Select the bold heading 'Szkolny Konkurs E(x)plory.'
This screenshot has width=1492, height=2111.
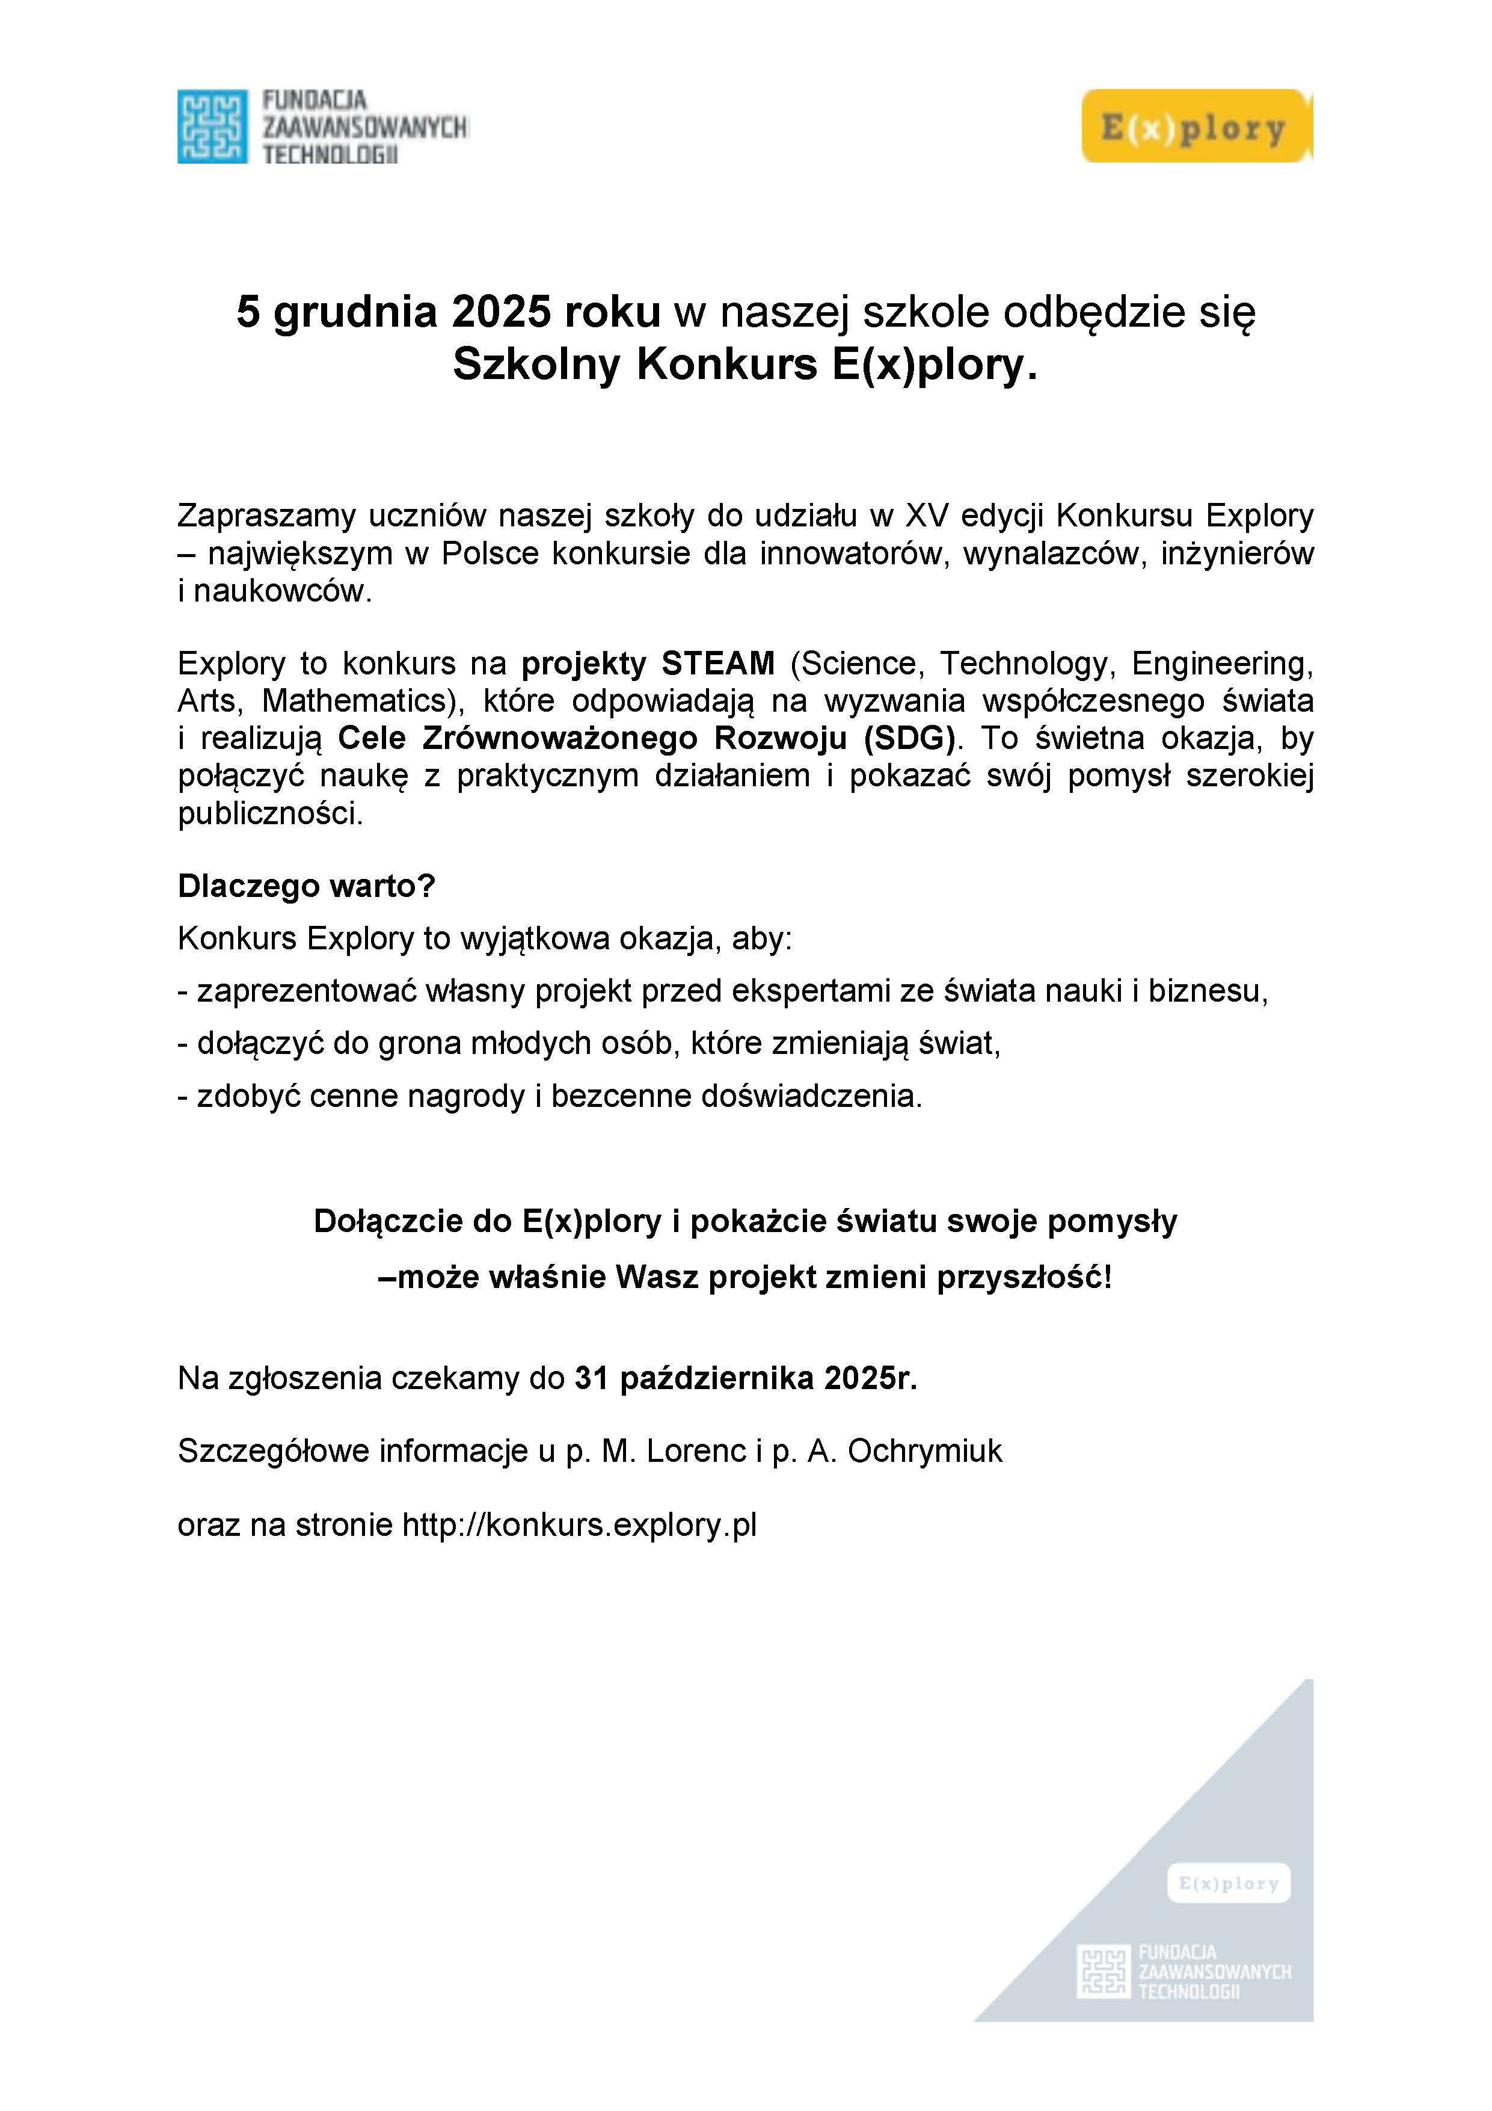[744, 365]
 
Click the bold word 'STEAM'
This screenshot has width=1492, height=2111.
[718, 663]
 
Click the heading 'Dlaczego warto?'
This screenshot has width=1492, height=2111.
[306, 886]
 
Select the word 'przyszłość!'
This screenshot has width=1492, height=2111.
[1024, 1277]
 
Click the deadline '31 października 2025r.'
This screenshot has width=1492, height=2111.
[746, 1378]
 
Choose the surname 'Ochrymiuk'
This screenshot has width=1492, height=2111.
[925, 1451]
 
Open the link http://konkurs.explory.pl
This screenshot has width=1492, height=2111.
[579, 1524]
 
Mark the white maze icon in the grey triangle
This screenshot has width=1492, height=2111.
[1102, 1971]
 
